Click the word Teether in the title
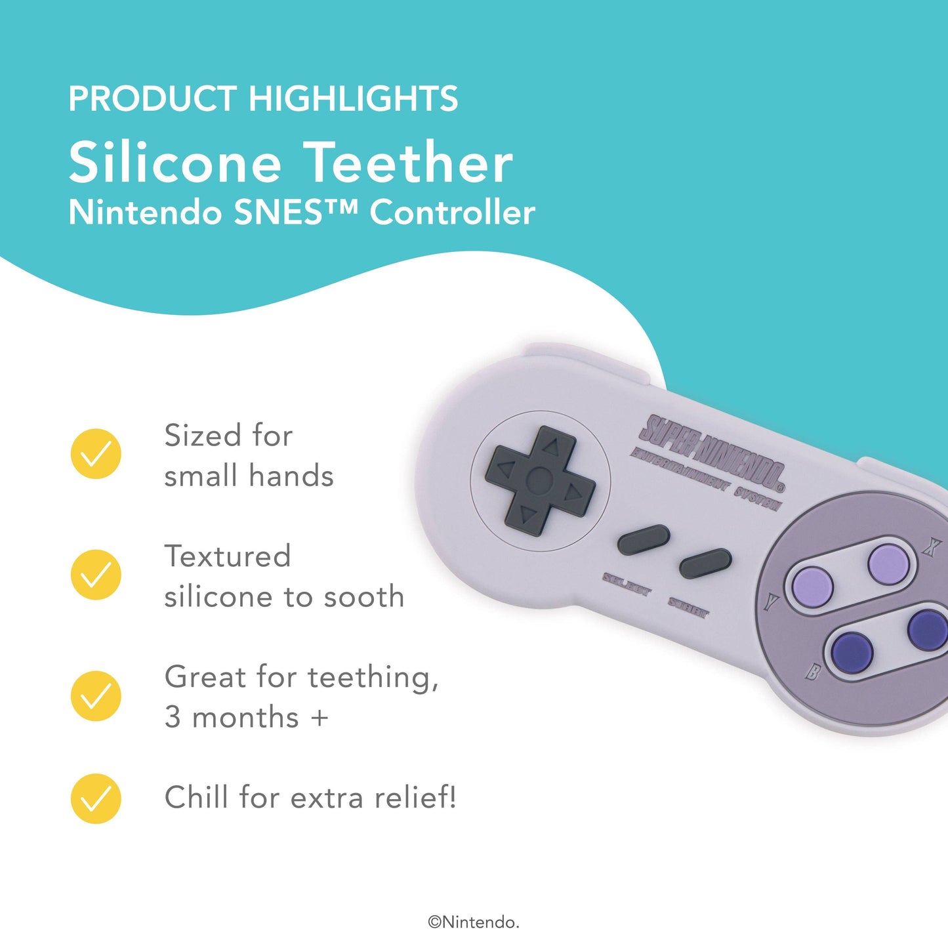point(408,163)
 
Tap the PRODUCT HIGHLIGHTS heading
point(263,99)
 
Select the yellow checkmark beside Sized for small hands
point(96,453)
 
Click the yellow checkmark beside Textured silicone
point(96,574)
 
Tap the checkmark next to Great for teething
point(96,695)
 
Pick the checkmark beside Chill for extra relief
point(96,798)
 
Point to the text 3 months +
point(246,717)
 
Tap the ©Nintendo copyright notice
point(473,922)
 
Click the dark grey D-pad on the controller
point(540,481)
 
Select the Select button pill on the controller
point(644,540)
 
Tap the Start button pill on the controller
point(705,563)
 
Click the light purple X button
point(888,563)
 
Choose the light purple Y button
point(812,586)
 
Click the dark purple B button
point(852,650)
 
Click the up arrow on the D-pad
point(551,447)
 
